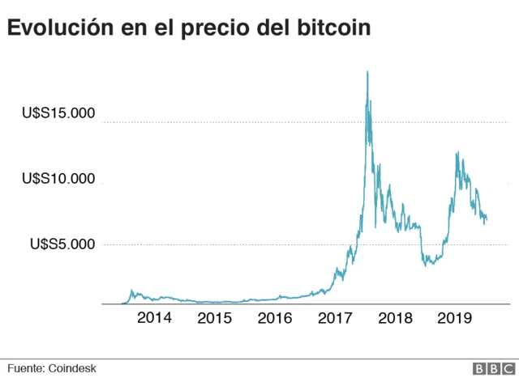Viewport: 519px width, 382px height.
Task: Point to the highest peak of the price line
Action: pos(367,71)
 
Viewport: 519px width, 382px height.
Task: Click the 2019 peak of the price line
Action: pos(458,152)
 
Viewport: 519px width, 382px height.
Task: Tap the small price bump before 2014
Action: pos(131,291)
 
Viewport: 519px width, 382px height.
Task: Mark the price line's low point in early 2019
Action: pos(429,265)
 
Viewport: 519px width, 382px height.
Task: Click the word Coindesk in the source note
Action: pos(73,367)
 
